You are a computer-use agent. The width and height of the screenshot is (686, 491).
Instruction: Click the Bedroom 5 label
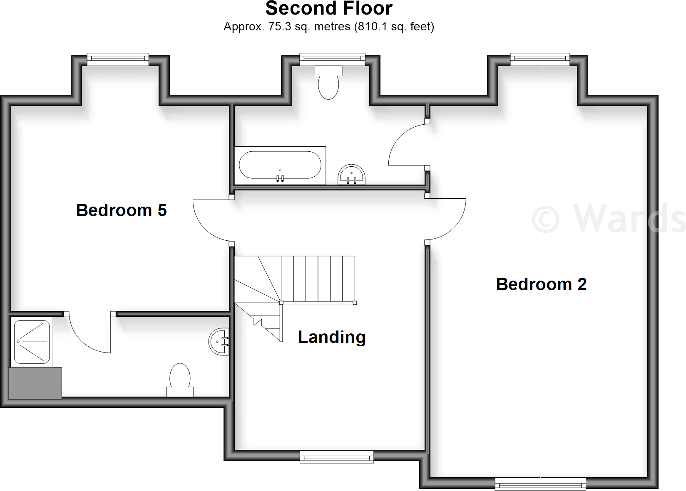pyautogui.click(x=121, y=210)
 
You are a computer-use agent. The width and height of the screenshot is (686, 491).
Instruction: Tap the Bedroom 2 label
pyautogui.click(x=541, y=284)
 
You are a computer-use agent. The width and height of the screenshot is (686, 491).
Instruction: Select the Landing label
pyautogui.click(x=331, y=337)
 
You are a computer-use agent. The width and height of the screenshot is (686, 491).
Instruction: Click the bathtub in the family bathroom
pyautogui.click(x=280, y=165)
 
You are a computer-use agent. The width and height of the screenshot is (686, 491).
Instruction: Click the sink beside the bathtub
pyautogui.click(x=352, y=175)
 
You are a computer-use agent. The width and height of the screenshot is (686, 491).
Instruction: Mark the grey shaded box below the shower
pyautogui.click(x=35, y=383)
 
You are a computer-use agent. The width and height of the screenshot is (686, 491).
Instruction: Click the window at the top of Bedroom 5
pyautogui.click(x=118, y=59)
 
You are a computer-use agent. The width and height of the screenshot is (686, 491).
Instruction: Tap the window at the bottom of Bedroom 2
pyautogui.click(x=540, y=484)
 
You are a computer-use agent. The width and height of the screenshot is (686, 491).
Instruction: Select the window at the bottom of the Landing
pyautogui.click(x=336, y=457)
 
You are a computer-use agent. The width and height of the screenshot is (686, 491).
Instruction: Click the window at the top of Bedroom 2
pyautogui.click(x=540, y=59)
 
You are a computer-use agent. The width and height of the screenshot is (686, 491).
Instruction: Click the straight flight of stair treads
pyautogui.click(x=318, y=279)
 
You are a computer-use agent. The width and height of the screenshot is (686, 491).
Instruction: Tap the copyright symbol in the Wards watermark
pyautogui.click(x=545, y=219)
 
